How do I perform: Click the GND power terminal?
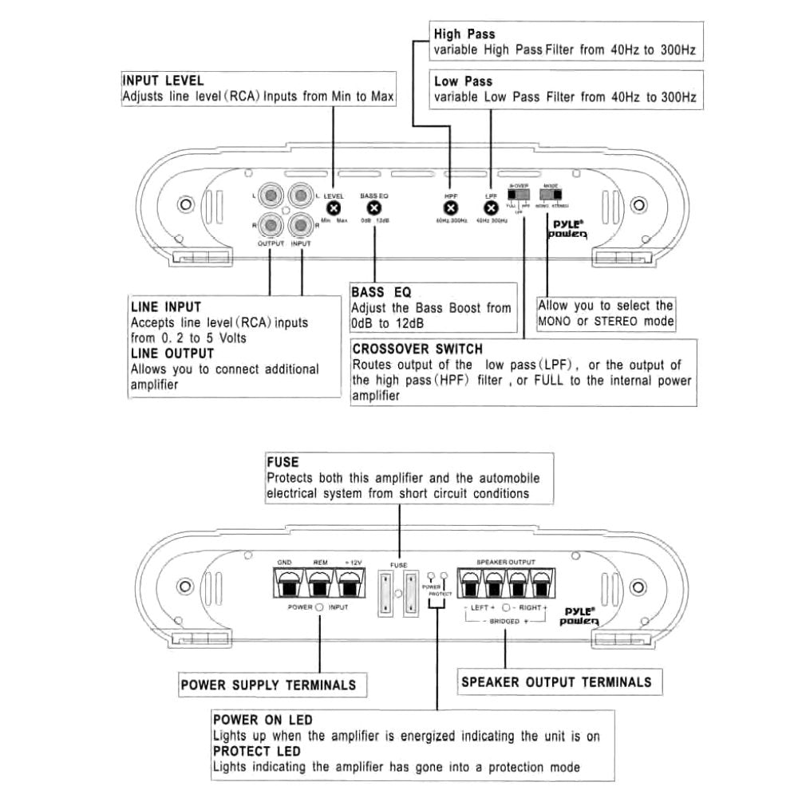[x=285, y=587]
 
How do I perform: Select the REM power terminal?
[x=318, y=587]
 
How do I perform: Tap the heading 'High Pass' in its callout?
[x=464, y=34]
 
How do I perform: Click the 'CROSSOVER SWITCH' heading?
[x=417, y=349]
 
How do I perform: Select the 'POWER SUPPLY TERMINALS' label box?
[x=268, y=685]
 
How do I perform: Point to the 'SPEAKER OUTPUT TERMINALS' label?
[x=556, y=681]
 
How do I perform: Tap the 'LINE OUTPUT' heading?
[x=172, y=353]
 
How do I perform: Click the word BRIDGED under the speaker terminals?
[x=504, y=620]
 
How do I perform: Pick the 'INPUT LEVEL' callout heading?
[x=163, y=81]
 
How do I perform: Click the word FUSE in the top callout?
[x=282, y=462]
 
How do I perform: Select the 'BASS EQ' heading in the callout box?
[x=381, y=292]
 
